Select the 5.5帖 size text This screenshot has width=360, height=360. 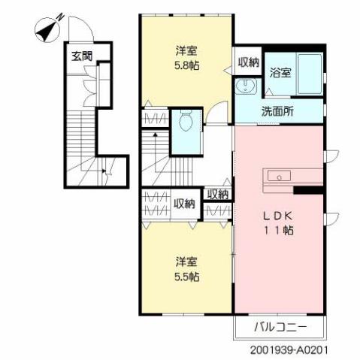point(187,277)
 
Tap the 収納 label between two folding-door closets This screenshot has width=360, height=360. point(185,203)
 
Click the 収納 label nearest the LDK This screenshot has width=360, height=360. point(218,195)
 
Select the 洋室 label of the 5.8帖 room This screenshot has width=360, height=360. point(187,51)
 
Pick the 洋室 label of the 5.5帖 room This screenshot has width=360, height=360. point(187,262)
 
